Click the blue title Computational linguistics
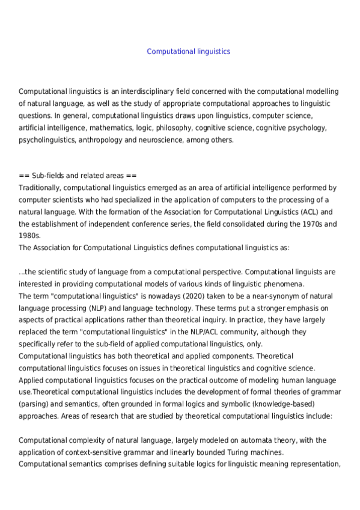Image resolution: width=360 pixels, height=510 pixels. tap(188, 52)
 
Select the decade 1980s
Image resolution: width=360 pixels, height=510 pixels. tap(29, 236)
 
